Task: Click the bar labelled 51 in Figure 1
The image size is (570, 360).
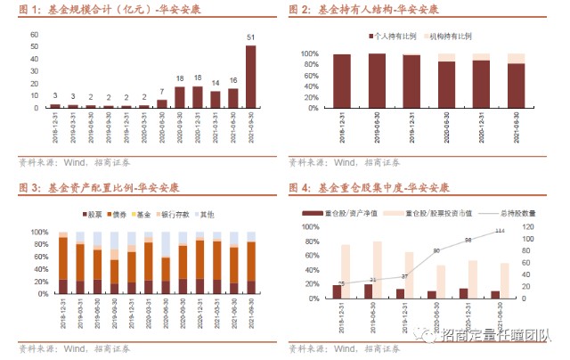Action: click(251, 77)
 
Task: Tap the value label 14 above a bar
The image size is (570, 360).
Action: click(215, 83)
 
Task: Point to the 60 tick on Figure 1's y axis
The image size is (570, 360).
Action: click(34, 35)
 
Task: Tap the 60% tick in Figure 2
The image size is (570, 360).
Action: click(307, 76)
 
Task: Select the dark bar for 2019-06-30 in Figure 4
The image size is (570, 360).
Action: click(369, 290)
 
